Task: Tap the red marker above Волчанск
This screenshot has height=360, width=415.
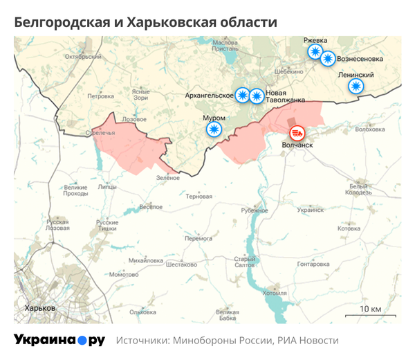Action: click(x=297, y=132)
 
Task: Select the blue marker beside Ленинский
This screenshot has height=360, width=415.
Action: click(x=356, y=86)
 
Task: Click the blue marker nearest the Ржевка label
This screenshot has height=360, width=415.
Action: click(x=315, y=53)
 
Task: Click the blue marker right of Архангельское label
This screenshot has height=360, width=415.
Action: click(x=242, y=96)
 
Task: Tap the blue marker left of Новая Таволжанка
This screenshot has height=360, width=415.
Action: click(x=257, y=96)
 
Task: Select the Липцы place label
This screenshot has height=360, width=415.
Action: click(x=107, y=187)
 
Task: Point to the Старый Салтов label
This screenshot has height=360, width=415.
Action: click(x=246, y=262)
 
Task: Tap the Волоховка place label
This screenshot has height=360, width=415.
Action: click(x=369, y=129)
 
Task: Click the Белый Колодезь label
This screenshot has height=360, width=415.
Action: click(x=360, y=189)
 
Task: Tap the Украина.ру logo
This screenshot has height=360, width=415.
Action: click(x=59, y=341)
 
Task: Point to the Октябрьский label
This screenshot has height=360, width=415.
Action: click(x=77, y=57)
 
